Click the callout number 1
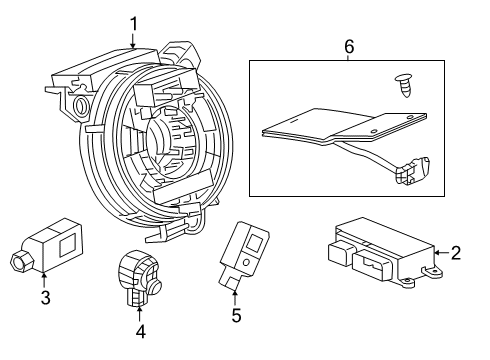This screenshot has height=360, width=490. (133, 21)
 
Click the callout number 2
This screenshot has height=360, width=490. (455, 253)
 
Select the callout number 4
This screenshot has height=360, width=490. (140, 331)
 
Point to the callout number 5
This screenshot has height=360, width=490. (236, 316)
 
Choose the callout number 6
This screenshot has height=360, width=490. (348, 46)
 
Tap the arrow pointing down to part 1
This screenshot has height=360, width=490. (133, 40)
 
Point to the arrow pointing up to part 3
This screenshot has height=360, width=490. (44, 278)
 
